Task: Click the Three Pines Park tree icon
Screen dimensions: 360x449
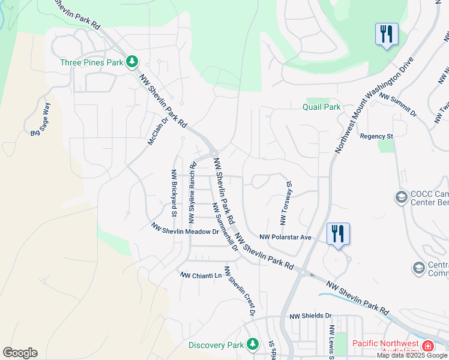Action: point(131,62)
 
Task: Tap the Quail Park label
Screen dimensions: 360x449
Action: point(321,107)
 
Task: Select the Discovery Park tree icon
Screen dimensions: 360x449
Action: point(253,344)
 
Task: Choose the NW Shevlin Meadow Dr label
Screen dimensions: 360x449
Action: point(185,230)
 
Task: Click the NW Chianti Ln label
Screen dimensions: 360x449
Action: point(201,275)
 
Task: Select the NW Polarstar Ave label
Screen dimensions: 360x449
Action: point(286,237)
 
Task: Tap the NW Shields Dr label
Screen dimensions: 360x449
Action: point(310,316)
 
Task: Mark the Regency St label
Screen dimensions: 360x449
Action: point(376,136)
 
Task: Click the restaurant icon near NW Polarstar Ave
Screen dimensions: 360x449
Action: point(338,234)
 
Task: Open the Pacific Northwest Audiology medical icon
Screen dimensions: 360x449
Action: point(427,346)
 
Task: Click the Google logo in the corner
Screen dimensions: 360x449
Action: point(20,353)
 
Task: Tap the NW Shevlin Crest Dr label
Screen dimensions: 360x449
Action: point(240,291)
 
